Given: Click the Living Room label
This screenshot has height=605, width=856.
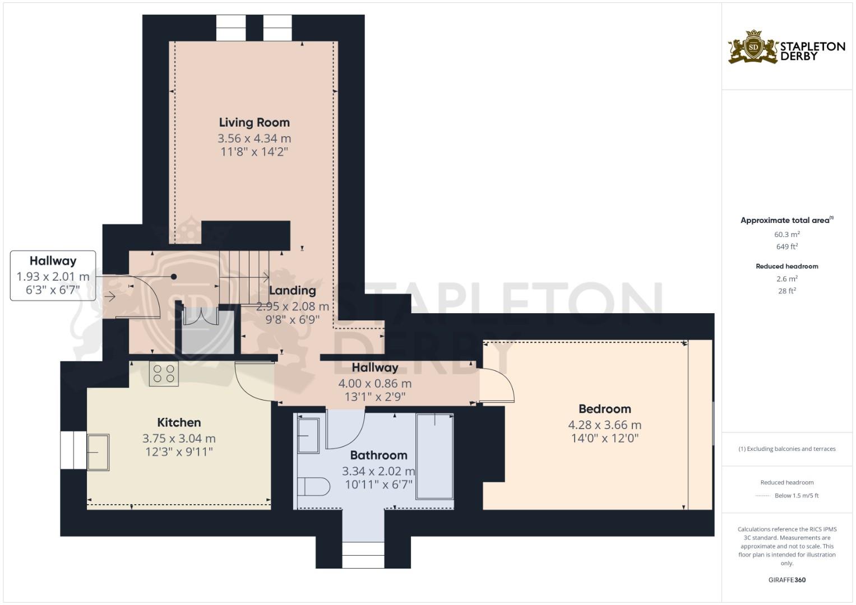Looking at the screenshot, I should [x=254, y=122].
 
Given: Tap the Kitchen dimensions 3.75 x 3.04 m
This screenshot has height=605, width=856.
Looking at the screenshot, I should [x=179, y=438].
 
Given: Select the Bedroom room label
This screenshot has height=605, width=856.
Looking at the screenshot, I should [x=604, y=409].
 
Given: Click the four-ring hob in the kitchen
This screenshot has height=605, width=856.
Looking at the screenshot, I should [x=164, y=374].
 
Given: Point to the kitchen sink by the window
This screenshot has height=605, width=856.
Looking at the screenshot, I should [x=98, y=452].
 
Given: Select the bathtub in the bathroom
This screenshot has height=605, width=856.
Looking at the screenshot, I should [x=434, y=456].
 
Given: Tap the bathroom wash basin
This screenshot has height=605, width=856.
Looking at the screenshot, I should [x=308, y=436].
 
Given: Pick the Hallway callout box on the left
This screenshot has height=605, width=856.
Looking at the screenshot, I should [x=53, y=276].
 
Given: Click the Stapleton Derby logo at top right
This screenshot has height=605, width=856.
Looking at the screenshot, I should [x=786, y=48].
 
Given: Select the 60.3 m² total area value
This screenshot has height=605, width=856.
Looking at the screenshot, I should [x=786, y=234].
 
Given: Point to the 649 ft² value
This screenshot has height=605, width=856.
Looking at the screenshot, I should [x=786, y=246].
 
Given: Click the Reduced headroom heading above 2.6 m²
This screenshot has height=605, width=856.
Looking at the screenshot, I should [x=786, y=266].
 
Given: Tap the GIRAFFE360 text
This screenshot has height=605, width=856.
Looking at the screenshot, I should [x=786, y=580].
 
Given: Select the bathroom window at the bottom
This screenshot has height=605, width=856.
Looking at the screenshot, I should [x=363, y=555].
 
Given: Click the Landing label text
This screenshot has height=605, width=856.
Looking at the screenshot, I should [x=292, y=290].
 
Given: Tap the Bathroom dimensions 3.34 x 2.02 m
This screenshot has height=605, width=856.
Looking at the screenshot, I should [x=378, y=471].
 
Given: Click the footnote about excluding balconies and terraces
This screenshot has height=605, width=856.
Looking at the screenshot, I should [x=786, y=449].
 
